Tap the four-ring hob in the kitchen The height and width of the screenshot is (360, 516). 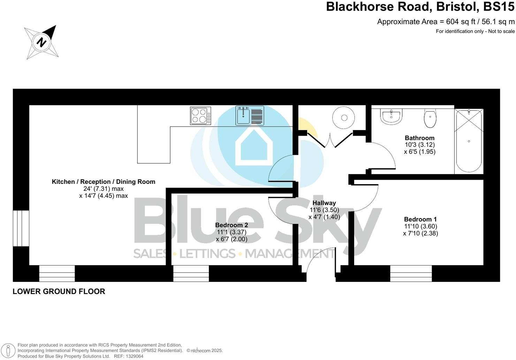click(200, 116)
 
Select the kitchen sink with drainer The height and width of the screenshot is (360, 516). click(250, 115)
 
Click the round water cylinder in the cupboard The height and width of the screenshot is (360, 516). click(344, 118)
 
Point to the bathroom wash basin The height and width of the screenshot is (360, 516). click(392, 117)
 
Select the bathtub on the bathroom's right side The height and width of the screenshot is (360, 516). click(469, 141)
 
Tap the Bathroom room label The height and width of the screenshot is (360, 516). click(419, 138)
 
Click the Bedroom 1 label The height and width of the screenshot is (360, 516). click(420, 219)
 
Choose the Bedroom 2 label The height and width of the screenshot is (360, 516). click(232, 225)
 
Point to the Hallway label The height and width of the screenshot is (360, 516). click(324, 203)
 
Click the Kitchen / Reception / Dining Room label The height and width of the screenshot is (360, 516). click(104, 182)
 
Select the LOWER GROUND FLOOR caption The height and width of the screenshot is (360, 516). click(59, 291)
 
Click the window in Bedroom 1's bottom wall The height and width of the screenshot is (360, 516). click(411, 273)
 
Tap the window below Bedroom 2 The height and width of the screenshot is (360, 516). click(191, 273)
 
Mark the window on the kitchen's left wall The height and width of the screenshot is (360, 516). click(21, 228)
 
